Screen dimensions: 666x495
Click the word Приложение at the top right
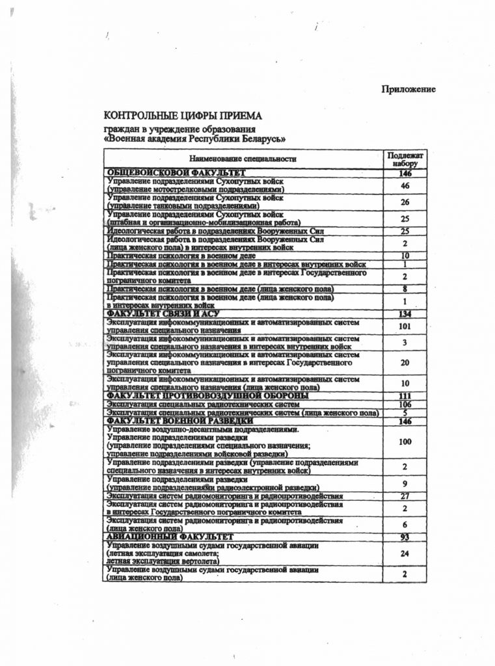pos(408,89)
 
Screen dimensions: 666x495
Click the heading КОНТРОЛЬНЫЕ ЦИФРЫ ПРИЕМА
pos(183,116)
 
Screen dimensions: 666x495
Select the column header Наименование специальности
pos(243,159)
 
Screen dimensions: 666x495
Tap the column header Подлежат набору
pos(405,159)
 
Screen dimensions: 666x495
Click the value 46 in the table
pos(405,185)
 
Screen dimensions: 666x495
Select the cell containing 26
pos(405,202)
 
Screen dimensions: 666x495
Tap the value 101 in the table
pos(405,326)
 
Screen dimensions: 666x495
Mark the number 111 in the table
pos(405,396)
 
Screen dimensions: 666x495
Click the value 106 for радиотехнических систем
pos(405,405)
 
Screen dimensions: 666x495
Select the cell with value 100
pos(405,442)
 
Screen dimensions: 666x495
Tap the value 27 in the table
pos(405,496)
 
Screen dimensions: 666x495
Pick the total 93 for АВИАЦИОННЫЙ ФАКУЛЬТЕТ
pos(405,537)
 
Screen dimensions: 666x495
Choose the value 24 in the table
pos(405,554)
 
